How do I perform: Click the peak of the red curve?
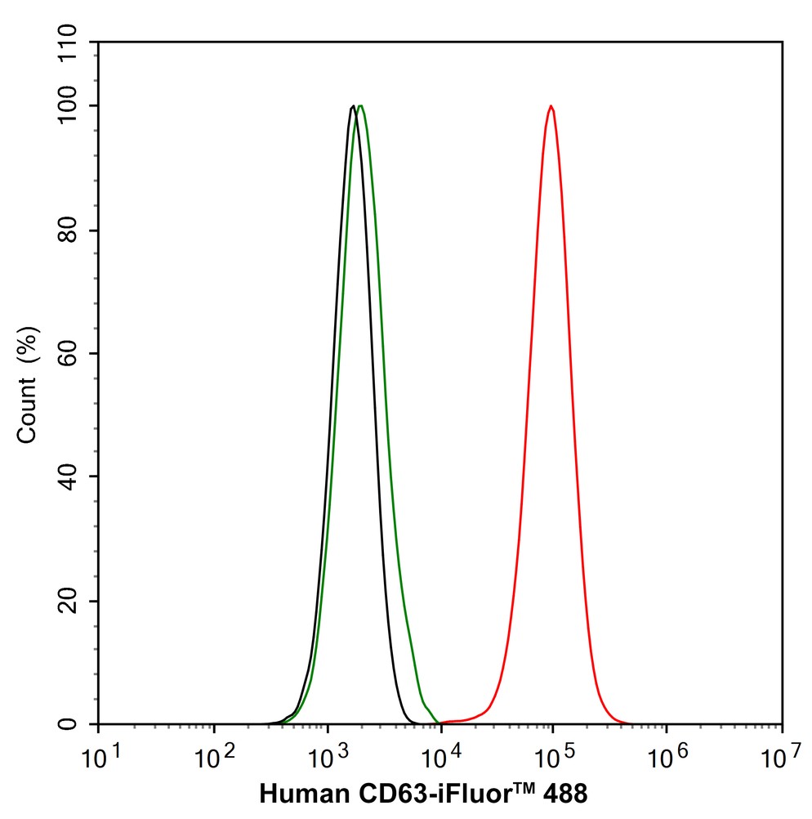[551, 106]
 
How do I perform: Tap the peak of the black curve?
[352, 106]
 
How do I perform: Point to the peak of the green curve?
[360, 106]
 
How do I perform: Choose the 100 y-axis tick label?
[69, 106]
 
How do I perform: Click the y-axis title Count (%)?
[28, 384]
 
